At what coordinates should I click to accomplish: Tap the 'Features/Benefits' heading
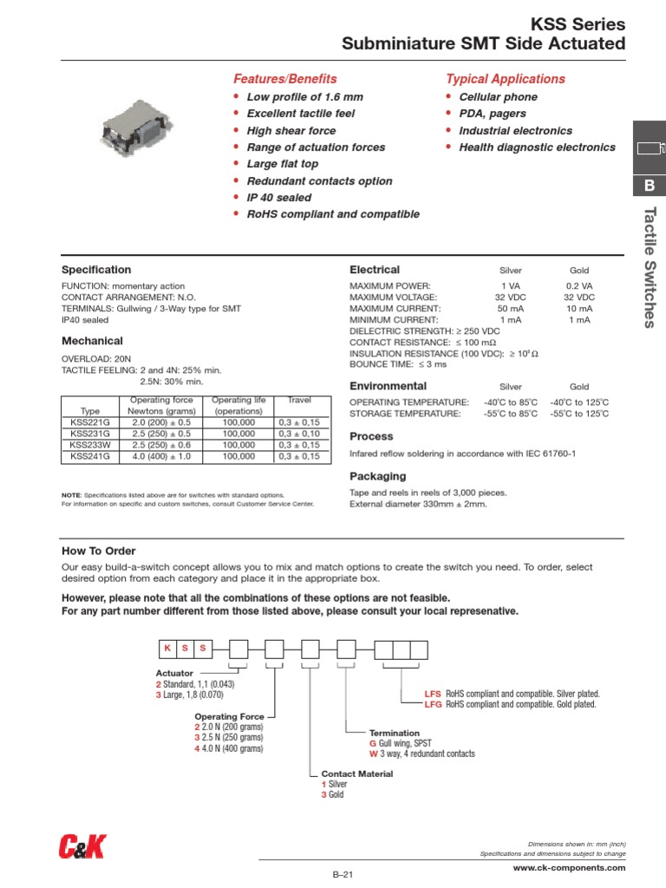[285, 79]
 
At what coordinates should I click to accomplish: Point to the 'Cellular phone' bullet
[498, 97]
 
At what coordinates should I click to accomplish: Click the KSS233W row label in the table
[90, 444]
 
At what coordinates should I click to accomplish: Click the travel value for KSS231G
[299, 433]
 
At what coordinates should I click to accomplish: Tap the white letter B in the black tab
[650, 186]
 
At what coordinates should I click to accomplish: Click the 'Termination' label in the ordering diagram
[395, 733]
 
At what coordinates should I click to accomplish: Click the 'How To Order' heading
[98, 551]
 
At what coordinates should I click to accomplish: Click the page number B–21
[345, 876]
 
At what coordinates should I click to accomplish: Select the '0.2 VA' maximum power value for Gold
[579, 286]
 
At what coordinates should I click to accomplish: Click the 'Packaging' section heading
[377, 476]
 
